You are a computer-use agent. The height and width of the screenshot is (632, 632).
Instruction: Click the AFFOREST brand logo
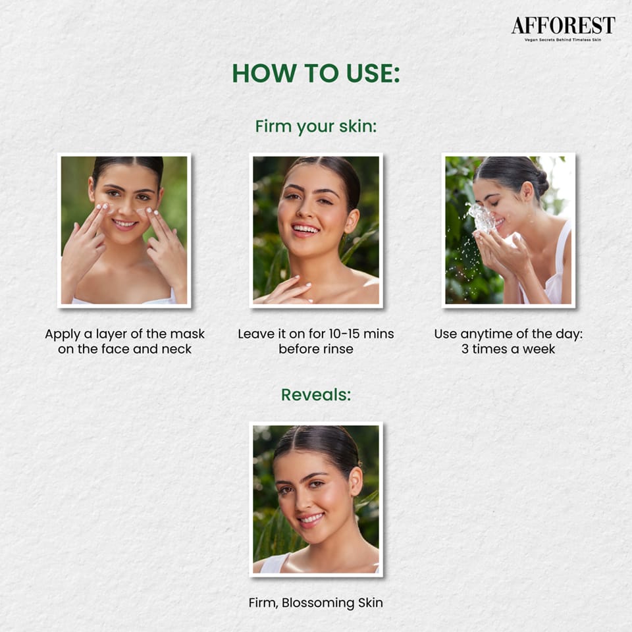563,26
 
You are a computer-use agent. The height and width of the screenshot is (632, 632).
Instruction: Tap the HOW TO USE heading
316,73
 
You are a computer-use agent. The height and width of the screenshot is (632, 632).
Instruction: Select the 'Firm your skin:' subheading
316,126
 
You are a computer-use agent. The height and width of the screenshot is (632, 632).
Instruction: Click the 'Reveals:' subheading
316,394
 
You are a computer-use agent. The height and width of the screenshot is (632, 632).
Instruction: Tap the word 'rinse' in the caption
339,349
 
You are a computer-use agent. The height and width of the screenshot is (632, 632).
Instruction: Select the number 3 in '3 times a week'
465,349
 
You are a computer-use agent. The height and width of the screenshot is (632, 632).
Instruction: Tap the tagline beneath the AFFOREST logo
563,40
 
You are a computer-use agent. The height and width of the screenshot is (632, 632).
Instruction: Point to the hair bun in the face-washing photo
541,183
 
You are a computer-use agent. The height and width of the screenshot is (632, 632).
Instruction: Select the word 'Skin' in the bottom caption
371,602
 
